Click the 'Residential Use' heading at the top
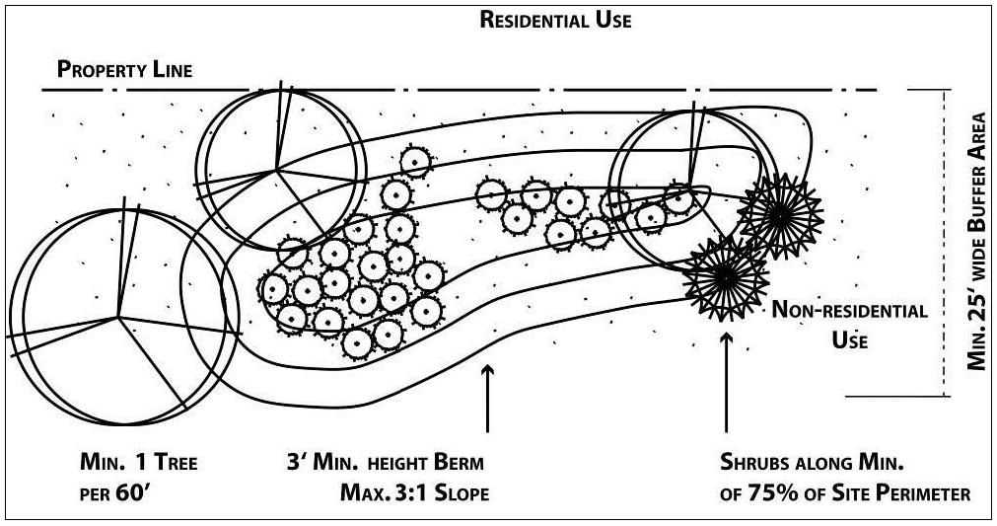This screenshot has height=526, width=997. tap(555, 20)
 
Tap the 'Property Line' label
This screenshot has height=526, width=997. tap(124, 70)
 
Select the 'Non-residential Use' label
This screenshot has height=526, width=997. tap(849, 325)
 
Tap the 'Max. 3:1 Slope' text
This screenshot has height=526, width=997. tap(413, 490)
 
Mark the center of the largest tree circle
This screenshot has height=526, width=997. tap(119, 317)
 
